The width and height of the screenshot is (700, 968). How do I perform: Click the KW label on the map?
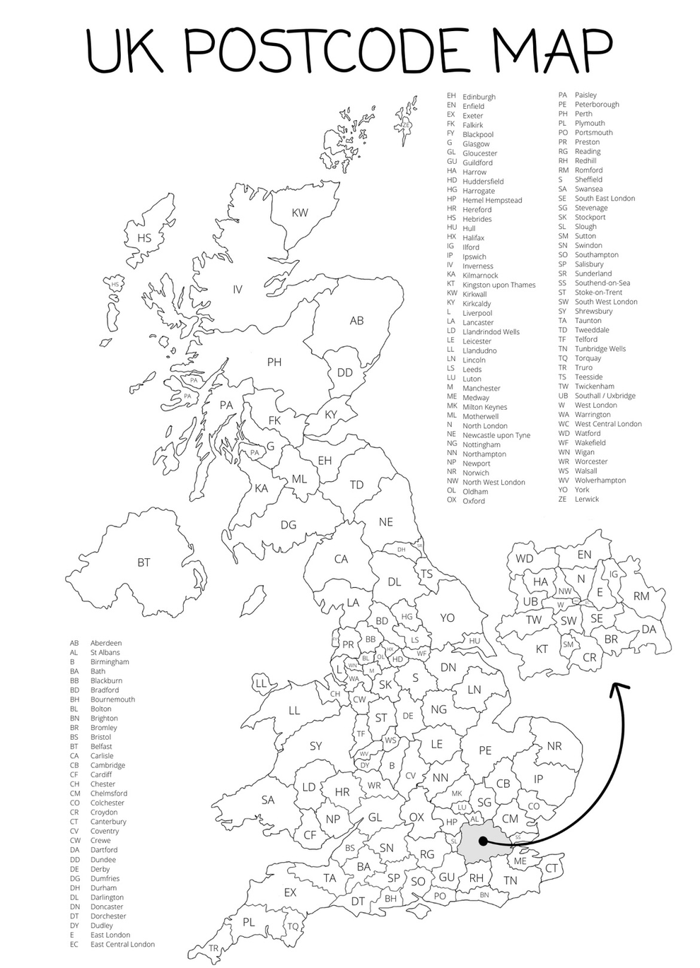tap(300, 213)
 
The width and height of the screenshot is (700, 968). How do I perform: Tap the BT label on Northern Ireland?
tap(144, 562)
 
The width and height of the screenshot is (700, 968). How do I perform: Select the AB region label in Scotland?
tap(357, 321)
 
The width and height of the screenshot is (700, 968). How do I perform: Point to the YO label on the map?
tap(447, 618)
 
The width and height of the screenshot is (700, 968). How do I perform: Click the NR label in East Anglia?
tap(554, 746)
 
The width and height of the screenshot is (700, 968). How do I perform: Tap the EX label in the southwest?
tap(290, 892)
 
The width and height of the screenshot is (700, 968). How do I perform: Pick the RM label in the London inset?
tap(641, 596)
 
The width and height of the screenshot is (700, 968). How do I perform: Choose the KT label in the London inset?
tap(542, 649)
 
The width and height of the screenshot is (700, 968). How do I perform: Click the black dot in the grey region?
tap(482, 842)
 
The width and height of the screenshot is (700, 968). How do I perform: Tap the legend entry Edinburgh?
tap(479, 97)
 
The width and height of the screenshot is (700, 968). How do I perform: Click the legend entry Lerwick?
tap(586, 499)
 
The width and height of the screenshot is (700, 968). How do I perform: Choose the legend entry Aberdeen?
tap(106, 643)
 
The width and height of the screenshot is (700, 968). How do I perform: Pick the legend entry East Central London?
tap(122, 944)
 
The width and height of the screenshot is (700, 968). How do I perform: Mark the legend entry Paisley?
tap(585, 95)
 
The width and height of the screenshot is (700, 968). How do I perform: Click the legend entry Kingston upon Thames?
tap(498, 285)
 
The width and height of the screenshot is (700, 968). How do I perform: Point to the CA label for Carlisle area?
tap(341, 559)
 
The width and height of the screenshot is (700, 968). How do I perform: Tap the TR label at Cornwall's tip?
tap(214, 949)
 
